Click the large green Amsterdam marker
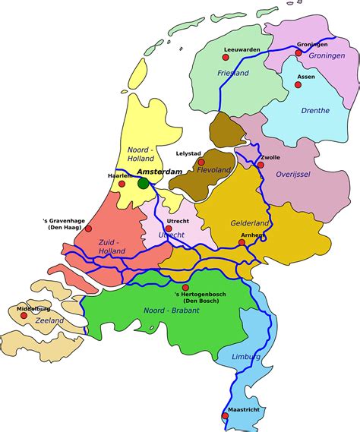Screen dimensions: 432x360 coord(144,183)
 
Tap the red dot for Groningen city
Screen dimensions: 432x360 coord(298,53)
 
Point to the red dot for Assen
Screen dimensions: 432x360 coord(298,85)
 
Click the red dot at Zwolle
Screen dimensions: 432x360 coord(261,165)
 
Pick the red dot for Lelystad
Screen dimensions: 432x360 coord(201,162)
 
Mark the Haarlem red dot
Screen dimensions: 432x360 coord(122,184)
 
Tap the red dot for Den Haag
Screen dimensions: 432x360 coord(88,228)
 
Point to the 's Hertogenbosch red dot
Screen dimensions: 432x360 coord(185,287)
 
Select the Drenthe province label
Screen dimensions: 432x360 coord(314,110)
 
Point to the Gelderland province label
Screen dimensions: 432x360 coord(251,223)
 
